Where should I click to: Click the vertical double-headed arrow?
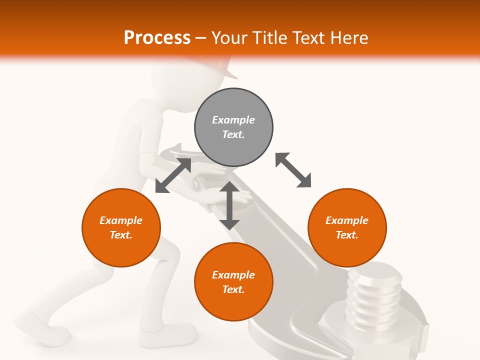[229, 205]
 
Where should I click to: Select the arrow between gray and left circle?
[173, 175]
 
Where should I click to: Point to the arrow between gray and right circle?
[293, 170]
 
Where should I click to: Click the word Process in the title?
[157, 37]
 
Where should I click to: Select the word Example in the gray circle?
[233, 120]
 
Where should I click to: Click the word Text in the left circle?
[121, 235]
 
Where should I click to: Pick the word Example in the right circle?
[347, 220]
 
